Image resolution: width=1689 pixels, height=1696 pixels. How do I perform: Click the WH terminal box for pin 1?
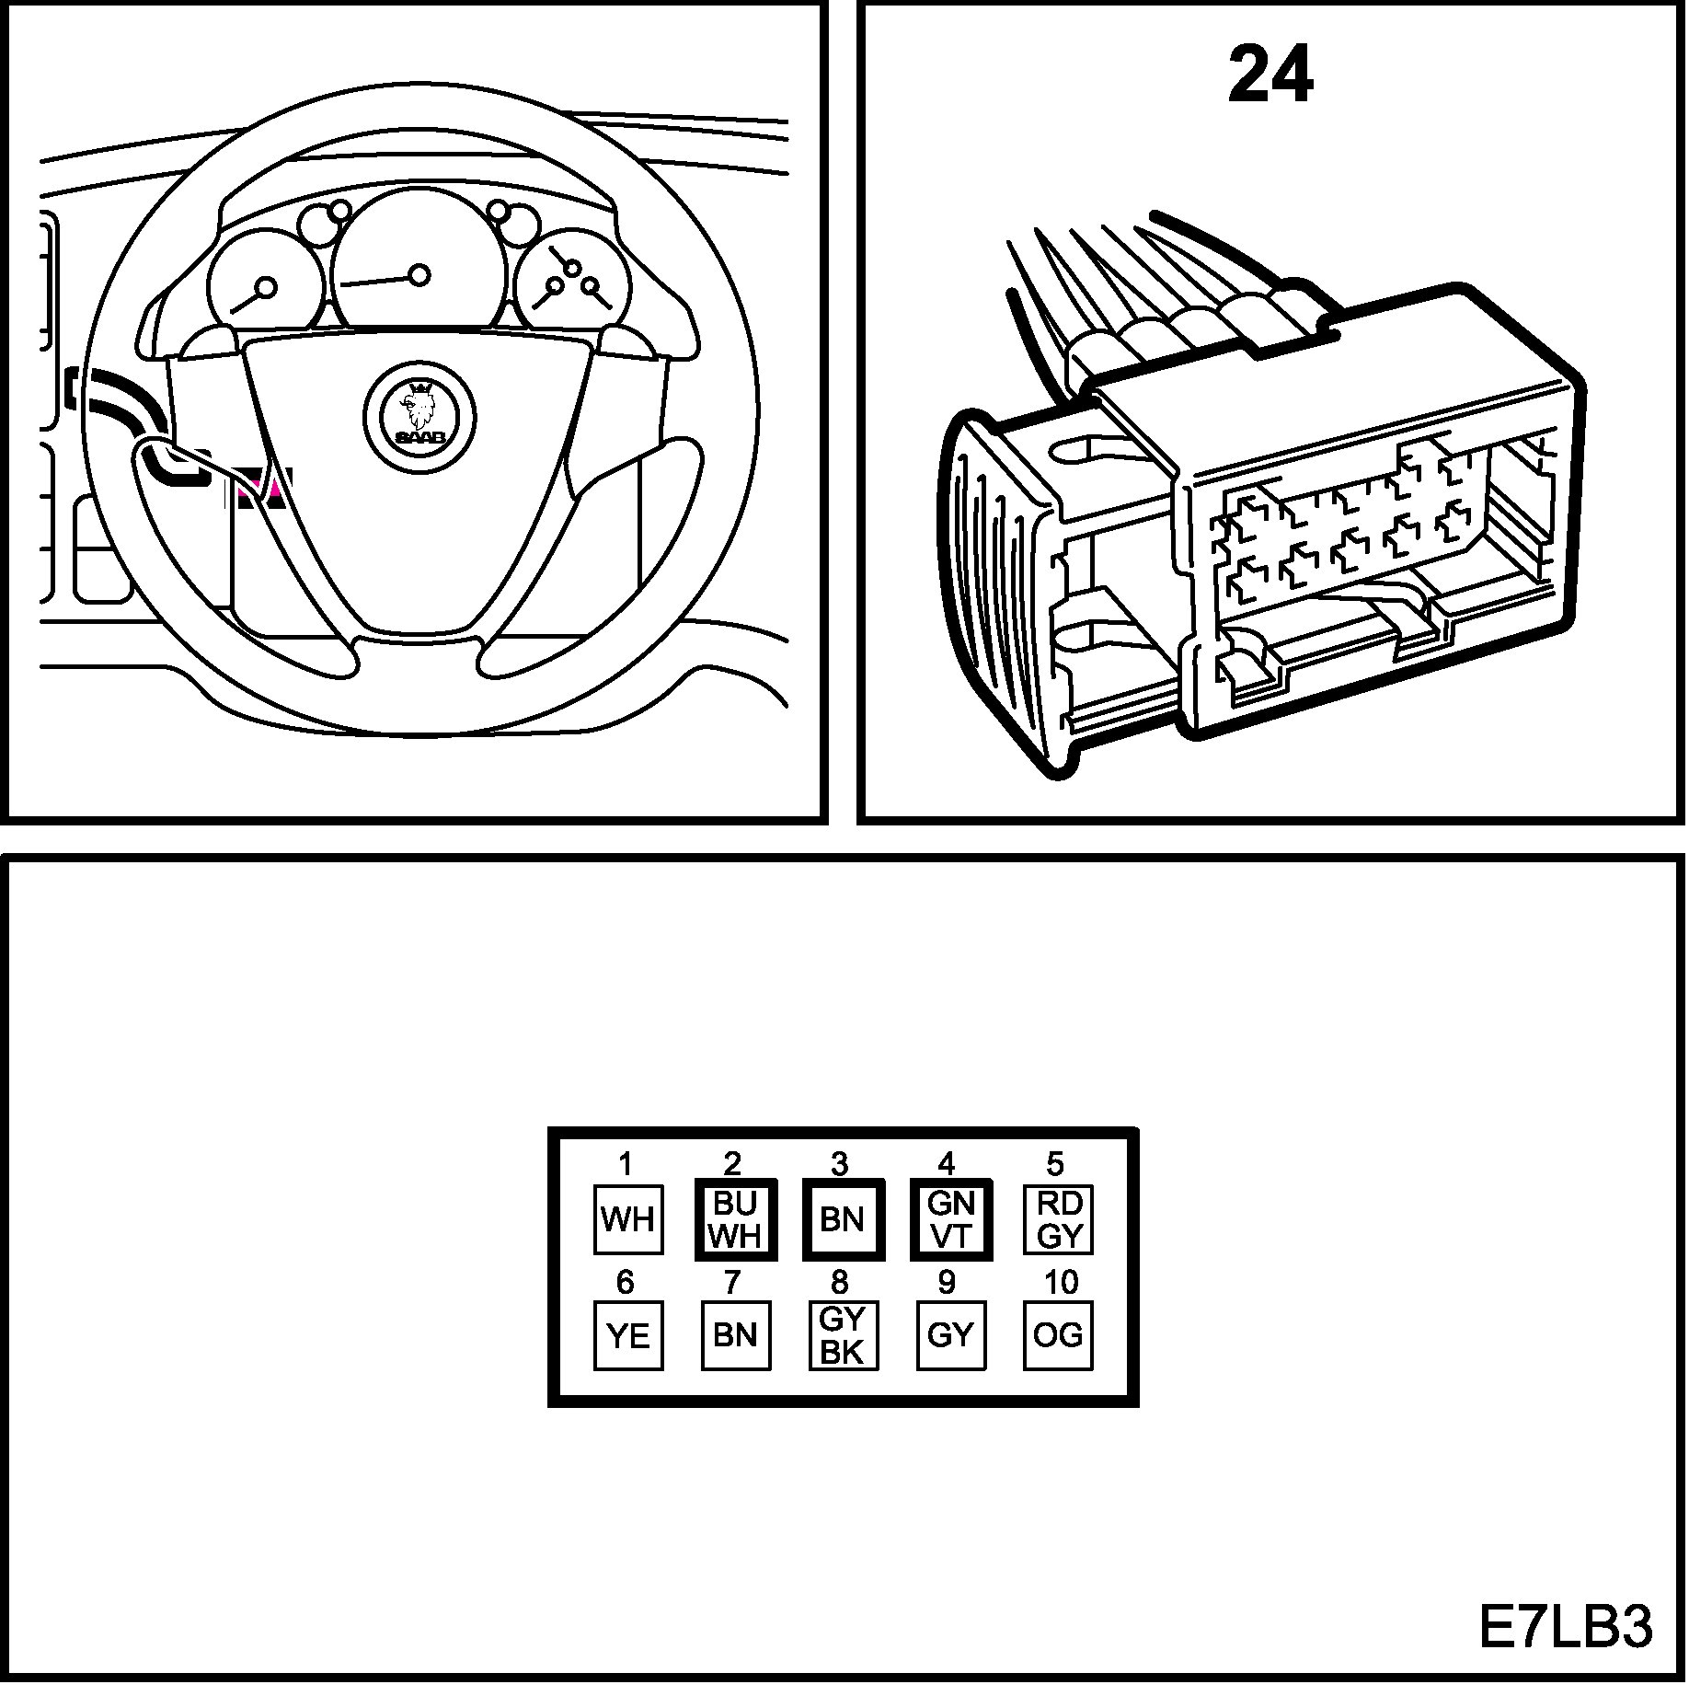pos(627,1219)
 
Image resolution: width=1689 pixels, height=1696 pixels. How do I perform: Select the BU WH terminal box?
pos(735,1219)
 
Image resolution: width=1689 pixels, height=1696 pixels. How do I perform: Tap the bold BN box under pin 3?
pos(842,1219)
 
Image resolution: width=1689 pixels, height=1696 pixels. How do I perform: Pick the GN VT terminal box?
pos(950,1219)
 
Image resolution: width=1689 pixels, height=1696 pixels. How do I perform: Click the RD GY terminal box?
pos(1058,1219)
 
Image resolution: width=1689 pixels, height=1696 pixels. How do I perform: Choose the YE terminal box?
pos(627,1335)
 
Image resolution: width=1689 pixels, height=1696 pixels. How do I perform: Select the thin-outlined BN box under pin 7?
pos(735,1335)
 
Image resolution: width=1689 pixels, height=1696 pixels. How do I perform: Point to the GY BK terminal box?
pos(842,1335)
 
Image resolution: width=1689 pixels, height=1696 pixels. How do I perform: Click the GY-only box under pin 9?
pos(950,1335)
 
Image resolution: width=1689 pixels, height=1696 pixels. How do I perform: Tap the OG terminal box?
pos(1058,1335)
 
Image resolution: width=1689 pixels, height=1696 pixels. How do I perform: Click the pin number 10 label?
pos(1061,1282)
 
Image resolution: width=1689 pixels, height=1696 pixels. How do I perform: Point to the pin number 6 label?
pos(626,1282)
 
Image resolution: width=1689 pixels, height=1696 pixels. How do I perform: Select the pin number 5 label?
pos(1055,1164)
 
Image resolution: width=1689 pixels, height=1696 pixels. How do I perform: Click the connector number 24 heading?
pos(1270,76)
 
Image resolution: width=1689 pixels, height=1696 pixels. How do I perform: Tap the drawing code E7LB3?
pos(1565,1626)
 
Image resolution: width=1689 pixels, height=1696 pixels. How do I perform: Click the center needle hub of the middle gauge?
pos(419,274)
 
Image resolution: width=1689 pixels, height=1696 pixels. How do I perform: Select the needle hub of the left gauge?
pos(266,287)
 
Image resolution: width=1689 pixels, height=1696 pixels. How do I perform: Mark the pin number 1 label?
pos(626,1165)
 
